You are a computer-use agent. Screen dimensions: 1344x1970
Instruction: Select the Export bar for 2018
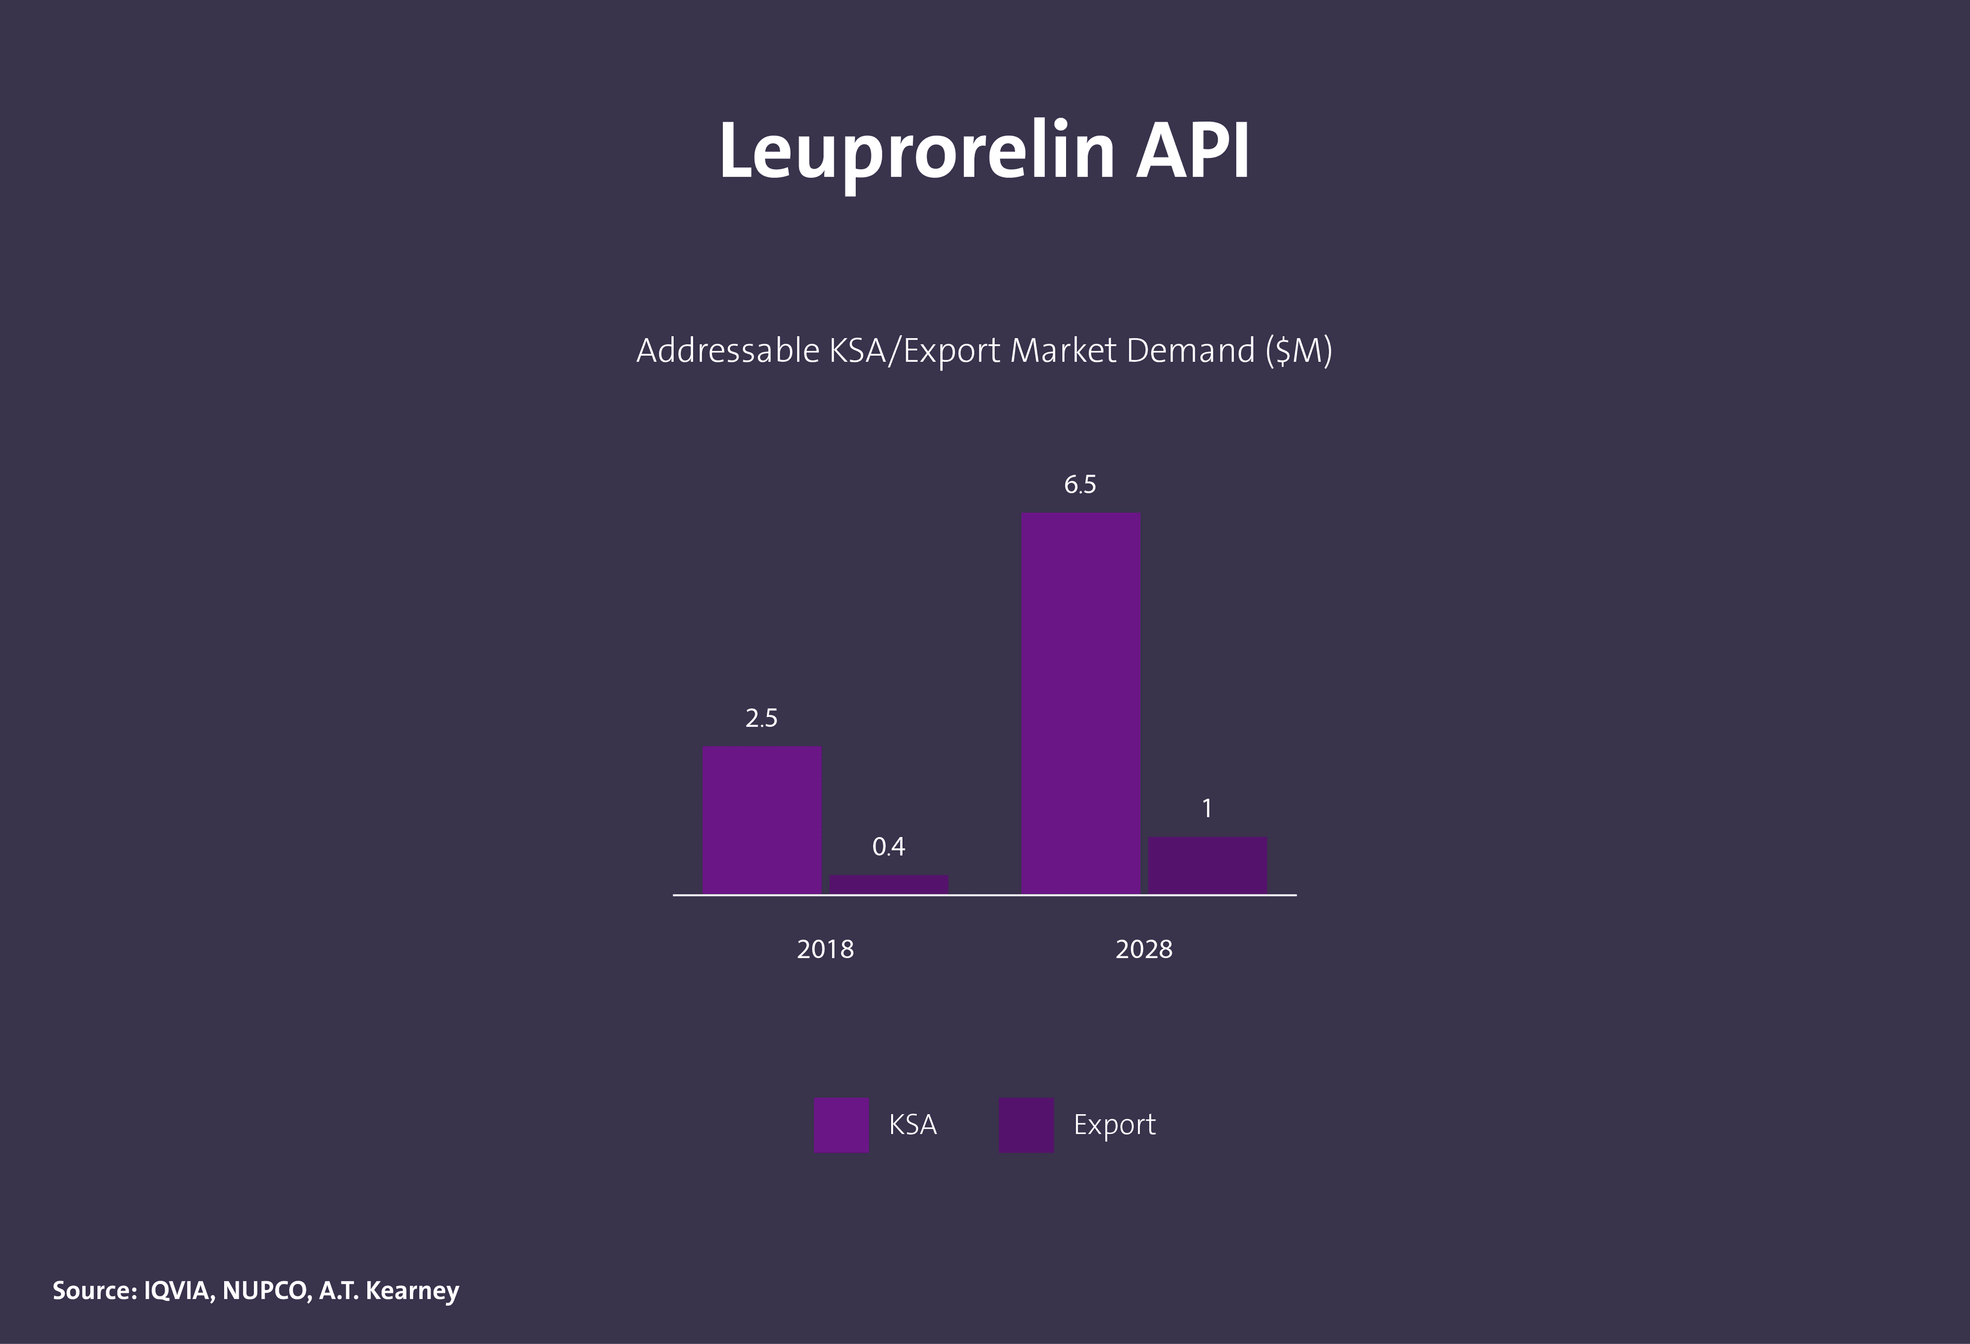pyautogui.click(x=889, y=884)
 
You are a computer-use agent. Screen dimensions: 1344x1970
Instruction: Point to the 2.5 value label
pyautogui.click(x=761, y=718)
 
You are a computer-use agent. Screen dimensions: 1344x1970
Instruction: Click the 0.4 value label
pyautogui.click(x=889, y=846)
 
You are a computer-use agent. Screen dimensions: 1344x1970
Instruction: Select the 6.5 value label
pyautogui.click(x=1080, y=484)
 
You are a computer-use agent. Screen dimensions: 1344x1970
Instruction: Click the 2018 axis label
pyautogui.click(x=825, y=949)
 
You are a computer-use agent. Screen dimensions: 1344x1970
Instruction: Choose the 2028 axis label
pyautogui.click(x=1144, y=949)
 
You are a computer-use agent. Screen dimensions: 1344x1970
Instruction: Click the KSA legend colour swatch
pyautogui.click(x=841, y=1124)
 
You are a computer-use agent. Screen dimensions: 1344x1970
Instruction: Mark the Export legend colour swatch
pyautogui.click(x=1026, y=1124)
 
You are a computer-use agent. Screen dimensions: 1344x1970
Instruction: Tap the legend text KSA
pyautogui.click(x=912, y=1124)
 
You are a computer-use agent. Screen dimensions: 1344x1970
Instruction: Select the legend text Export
pyautogui.click(x=1114, y=1124)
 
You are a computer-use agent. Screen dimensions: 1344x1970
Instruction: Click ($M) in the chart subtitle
pyautogui.click(x=1298, y=350)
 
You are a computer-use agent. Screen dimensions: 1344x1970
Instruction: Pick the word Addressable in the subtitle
pyautogui.click(x=728, y=350)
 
